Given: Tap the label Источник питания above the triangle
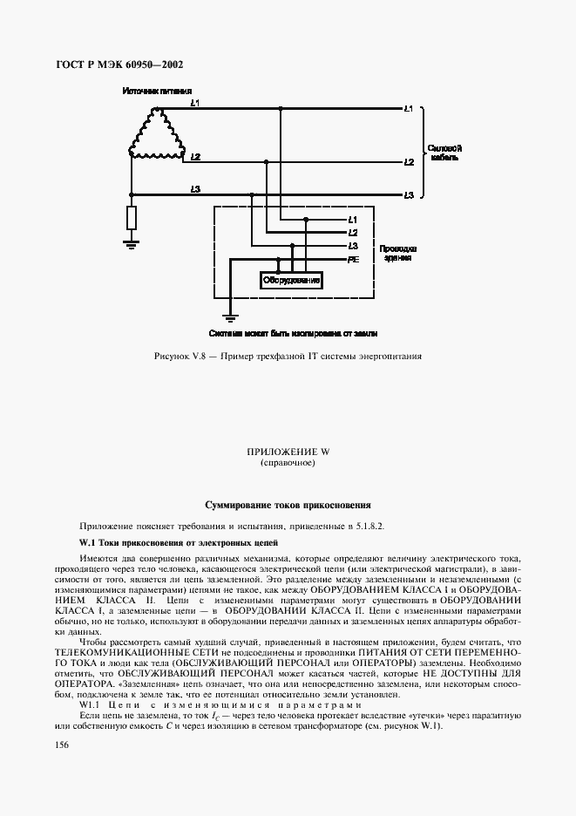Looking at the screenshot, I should tap(156, 92).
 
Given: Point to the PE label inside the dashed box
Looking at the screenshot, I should tap(353, 260).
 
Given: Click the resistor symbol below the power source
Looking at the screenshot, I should tap(131, 218).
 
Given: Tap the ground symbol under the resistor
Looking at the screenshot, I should tap(131, 246).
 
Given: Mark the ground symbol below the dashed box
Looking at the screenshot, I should tap(230, 316).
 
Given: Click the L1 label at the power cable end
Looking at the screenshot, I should tap(409, 109).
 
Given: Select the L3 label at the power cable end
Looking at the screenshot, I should tap(409, 194).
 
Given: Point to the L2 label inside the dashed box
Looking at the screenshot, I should tap(352, 232).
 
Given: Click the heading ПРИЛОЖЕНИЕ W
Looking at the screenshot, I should tap(288, 452).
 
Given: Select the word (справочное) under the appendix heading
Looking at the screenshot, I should tap(288, 462).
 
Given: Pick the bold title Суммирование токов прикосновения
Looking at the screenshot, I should tap(288, 505).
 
